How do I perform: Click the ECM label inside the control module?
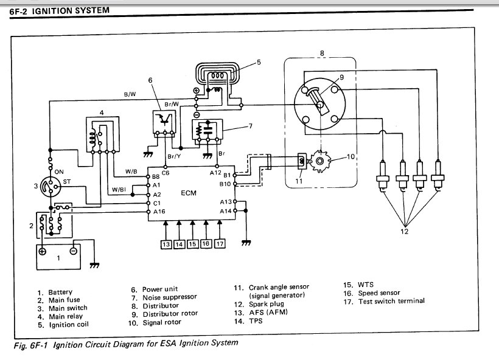(189, 193)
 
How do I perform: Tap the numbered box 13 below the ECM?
(166, 244)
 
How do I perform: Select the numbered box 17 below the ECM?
(220, 244)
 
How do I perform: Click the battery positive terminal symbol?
(43, 251)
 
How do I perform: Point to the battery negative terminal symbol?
(74, 251)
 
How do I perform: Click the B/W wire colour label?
(130, 94)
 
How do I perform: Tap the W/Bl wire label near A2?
(119, 190)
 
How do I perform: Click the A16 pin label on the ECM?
(159, 212)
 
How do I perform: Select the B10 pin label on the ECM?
(225, 184)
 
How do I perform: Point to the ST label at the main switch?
(67, 182)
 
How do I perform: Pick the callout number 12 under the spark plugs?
(404, 232)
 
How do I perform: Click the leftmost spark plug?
(382, 176)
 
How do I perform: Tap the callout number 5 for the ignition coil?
(259, 62)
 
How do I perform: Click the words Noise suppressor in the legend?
(170, 297)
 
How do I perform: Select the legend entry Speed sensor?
(379, 293)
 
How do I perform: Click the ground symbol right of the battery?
(94, 265)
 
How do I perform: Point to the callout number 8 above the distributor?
(322, 53)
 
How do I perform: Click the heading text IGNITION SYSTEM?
(71, 11)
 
